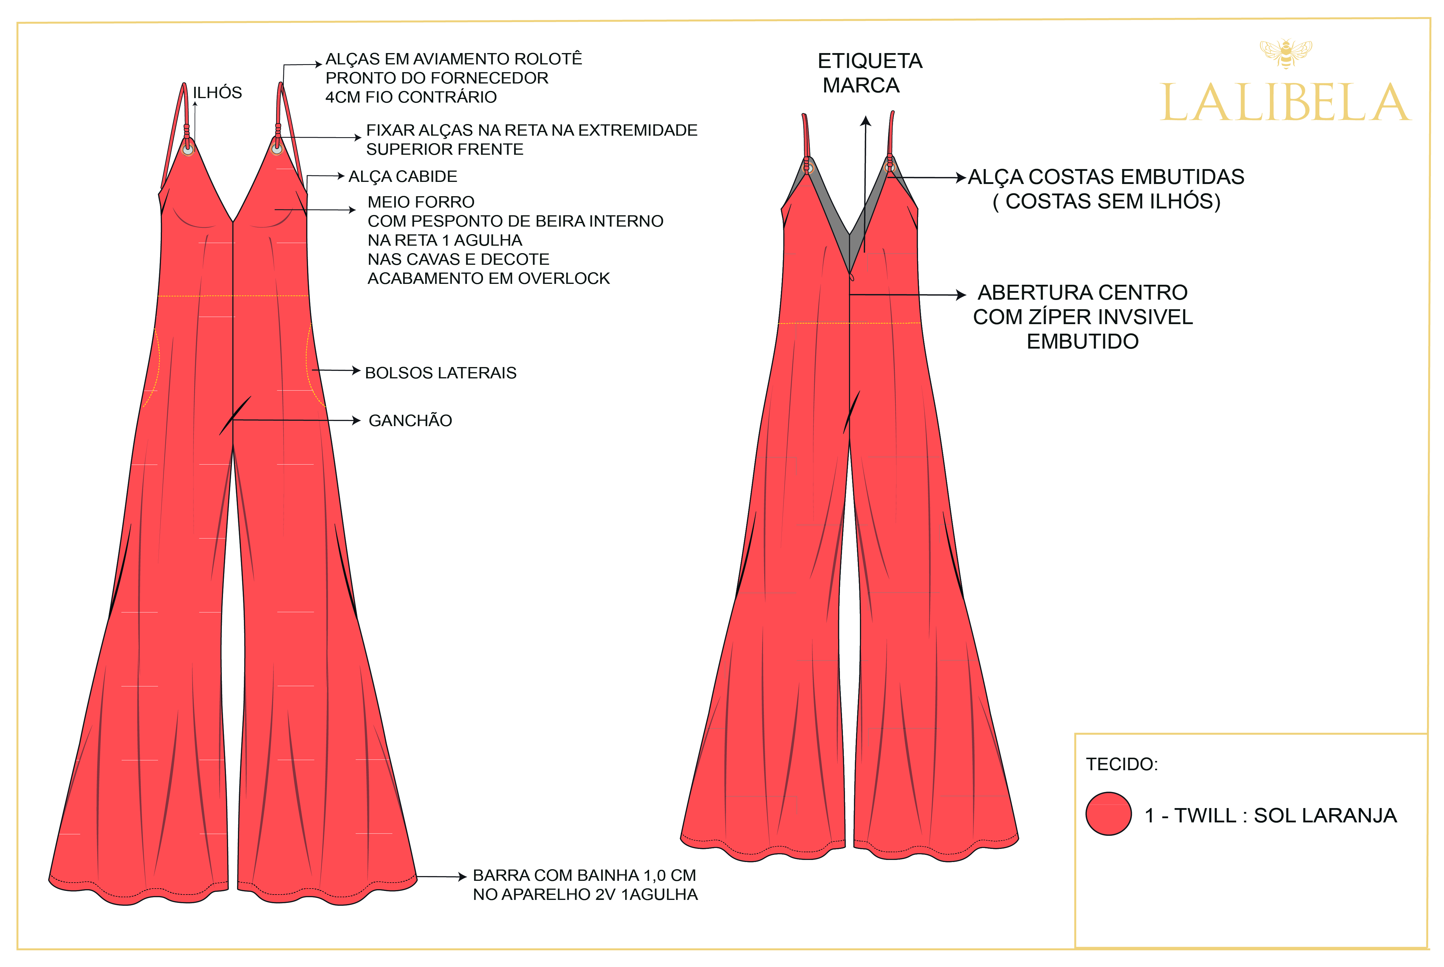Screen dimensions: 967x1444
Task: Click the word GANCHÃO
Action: click(410, 421)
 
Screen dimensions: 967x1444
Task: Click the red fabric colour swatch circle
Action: click(1108, 813)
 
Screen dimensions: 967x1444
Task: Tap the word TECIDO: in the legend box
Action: click(1121, 764)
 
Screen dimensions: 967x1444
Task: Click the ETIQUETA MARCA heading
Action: click(869, 73)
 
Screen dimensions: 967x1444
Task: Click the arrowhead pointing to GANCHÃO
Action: click(356, 421)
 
